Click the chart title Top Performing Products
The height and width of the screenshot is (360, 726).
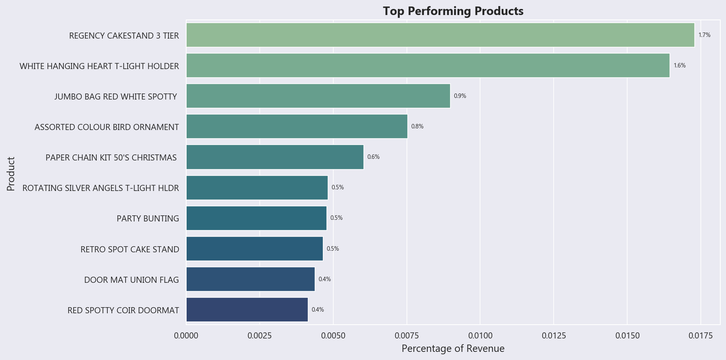point(453,11)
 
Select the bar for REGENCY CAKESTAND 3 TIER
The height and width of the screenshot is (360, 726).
point(440,35)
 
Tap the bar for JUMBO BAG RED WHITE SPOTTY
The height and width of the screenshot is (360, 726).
point(318,96)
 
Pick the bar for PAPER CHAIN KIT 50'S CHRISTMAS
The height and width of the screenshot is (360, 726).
point(275,157)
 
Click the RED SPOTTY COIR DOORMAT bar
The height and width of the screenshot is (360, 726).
point(247,310)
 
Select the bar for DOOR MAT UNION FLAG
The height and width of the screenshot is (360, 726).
point(250,279)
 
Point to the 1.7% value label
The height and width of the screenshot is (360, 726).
point(704,35)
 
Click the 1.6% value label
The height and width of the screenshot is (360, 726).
point(680,65)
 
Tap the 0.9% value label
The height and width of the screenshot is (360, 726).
point(460,96)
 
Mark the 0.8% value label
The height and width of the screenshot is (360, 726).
point(417,126)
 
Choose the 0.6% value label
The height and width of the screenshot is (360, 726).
point(374,157)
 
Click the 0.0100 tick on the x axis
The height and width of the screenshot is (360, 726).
point(480,336)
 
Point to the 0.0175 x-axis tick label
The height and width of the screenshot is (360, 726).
point(700,336)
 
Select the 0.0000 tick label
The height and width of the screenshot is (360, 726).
point(186,336)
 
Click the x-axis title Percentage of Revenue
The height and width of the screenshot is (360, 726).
point(453,349)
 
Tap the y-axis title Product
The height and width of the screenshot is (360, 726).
point(11,173)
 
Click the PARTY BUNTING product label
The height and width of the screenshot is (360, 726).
point(148,219)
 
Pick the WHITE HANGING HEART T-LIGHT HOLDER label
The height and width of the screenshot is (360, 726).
point(99,66)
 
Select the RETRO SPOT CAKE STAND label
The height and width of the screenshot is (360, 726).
point(130,249)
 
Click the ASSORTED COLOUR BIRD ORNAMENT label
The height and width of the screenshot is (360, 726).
point(107,127)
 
